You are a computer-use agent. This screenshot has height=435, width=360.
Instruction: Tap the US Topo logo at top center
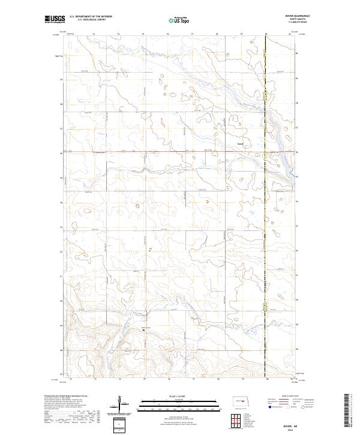(179, 19)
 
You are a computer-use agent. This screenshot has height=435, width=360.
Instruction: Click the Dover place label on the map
(241, 143)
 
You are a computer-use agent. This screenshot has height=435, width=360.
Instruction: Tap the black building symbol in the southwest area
(143, 329)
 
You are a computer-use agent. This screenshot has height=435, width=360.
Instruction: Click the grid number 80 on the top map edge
(266, 35)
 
